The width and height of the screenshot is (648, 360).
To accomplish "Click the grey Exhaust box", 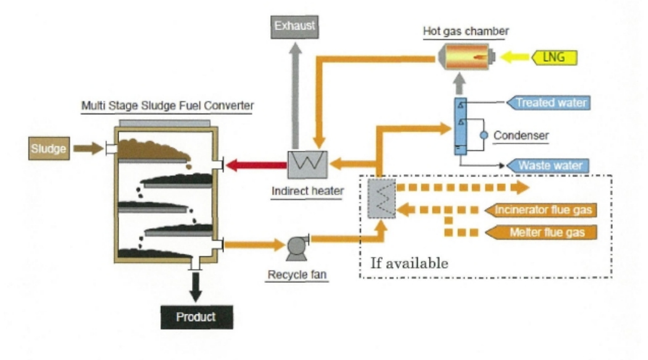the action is click(294, 27).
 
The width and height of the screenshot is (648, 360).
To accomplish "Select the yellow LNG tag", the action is click(554, 57).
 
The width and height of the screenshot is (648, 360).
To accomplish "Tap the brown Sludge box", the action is click(49, 148).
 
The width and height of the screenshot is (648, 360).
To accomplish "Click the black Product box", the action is click(197, 317).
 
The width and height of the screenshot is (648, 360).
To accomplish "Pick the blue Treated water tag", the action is click(548, 103).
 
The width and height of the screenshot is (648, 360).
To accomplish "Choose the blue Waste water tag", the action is click(547, 165).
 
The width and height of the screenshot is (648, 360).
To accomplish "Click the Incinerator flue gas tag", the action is click(541, 210).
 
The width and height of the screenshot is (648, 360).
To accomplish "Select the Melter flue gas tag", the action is click(541, 232).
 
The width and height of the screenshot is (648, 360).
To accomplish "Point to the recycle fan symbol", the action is click(297, 248).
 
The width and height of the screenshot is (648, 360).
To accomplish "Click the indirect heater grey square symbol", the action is click(307, 164).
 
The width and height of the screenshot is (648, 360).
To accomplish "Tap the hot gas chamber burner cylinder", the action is click(466, 57).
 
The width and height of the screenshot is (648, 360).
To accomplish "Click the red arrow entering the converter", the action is click(257, 165).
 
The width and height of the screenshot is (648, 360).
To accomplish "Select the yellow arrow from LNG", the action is click(515, 57).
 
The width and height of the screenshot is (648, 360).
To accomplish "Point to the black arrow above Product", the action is click(196, 287).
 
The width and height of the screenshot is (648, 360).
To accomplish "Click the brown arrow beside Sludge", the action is click(88, 148).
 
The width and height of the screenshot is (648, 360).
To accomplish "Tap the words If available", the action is click(409, 263).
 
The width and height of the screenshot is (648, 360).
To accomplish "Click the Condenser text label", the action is click(521, 136).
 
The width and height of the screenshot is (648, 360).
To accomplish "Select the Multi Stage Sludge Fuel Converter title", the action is click(167, 106).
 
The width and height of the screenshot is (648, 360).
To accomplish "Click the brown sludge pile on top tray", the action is click(154, 149).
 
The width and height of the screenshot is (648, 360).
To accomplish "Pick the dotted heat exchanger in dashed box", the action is click(381, 198).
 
